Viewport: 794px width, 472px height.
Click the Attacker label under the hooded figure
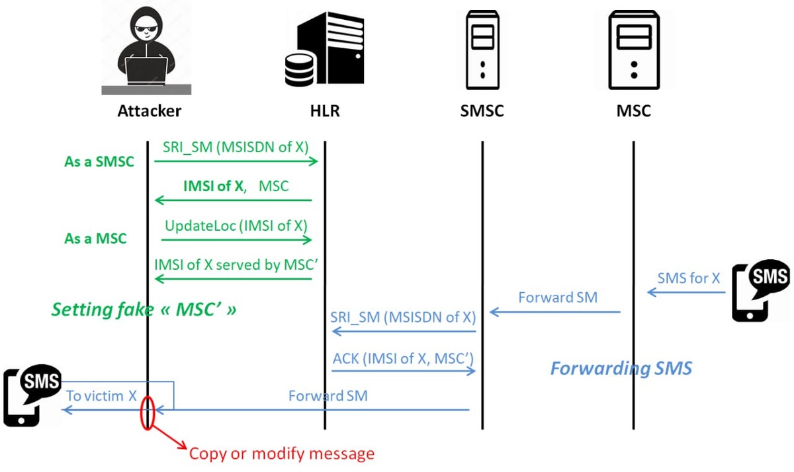click(x=149, y=110)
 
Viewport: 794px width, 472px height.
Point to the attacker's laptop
click(x=147, y=69)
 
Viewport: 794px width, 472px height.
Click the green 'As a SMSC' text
click(x=99, y=161)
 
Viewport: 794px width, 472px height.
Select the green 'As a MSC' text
click(x=95, y=239)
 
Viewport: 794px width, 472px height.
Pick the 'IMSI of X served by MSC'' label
click(x=236, y=264)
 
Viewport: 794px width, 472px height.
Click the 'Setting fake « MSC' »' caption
click(x=144, y=309)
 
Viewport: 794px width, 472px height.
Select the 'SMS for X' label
click(x=689, y=278)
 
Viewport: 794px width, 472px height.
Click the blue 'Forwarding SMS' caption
click(x=621, y=368)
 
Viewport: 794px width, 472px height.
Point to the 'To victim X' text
click(x=101, y=396)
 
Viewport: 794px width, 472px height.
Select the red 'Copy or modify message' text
click(x=282, y=453)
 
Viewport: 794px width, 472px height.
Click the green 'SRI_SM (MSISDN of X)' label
click(x=236, y=147)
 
